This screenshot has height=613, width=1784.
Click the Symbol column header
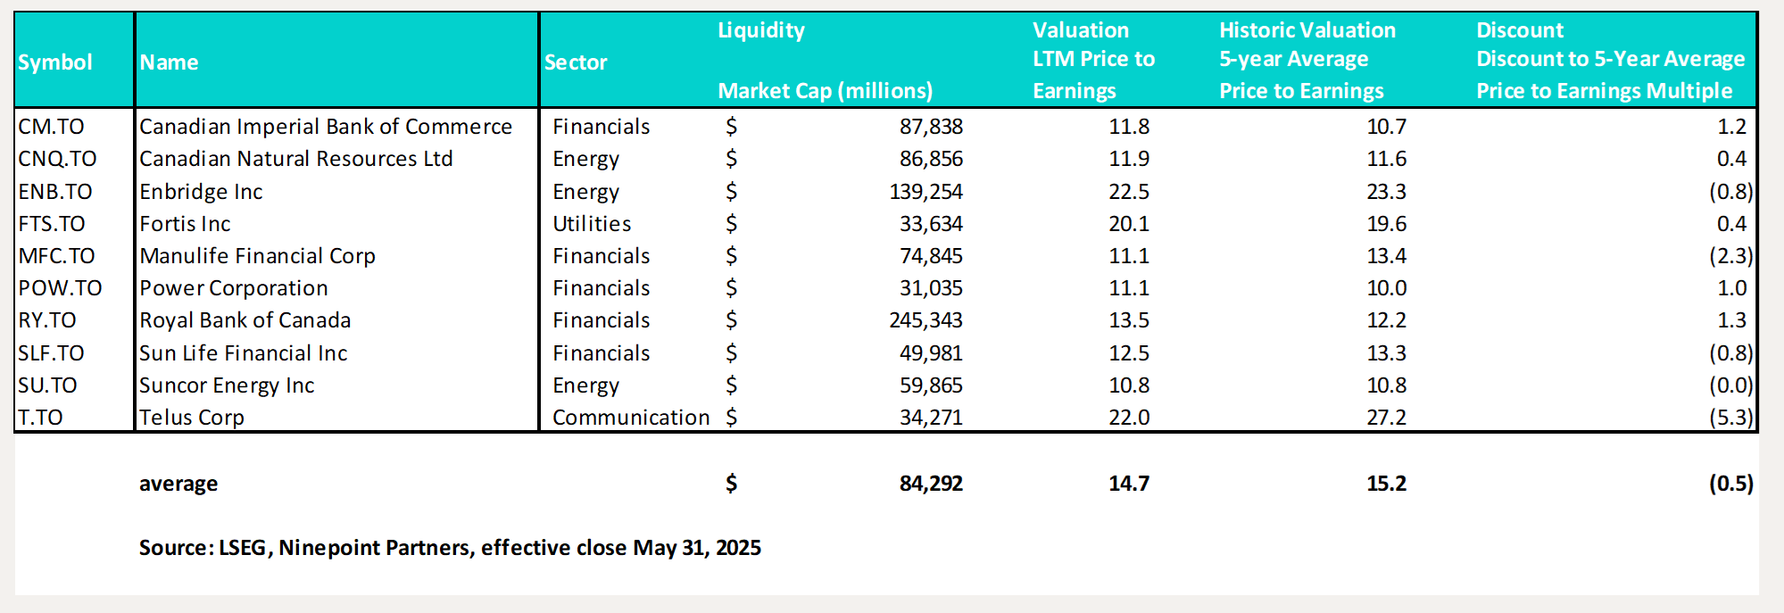[55, 62]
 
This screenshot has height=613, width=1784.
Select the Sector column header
[576, 62]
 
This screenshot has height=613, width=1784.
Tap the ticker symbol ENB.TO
[55, 192]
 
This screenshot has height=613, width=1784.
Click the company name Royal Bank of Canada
[245, 320]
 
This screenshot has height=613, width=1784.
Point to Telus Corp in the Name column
[192, 418]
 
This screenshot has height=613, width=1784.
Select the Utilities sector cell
[592, 224]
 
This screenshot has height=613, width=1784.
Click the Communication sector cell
[631, 418]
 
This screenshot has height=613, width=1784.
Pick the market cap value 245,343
[925, 320]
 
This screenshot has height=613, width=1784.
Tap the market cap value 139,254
[925, 192]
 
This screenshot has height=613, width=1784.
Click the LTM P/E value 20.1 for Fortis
[1129, 224]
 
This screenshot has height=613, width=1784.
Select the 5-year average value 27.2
[1386, 418]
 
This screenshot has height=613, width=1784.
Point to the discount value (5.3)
[1730, 418]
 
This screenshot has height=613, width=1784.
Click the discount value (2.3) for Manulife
[1730, 256]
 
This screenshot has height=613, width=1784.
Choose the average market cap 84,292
[931, 484]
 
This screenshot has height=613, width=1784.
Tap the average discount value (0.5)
[1730, 484]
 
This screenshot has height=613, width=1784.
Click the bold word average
[178, 484]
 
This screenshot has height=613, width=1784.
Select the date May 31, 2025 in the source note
[696, 548]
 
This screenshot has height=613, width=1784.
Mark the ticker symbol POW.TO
[60, 288]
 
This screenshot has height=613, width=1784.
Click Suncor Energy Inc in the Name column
[227, 385]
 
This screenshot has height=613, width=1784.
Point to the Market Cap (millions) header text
[825, 91]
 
